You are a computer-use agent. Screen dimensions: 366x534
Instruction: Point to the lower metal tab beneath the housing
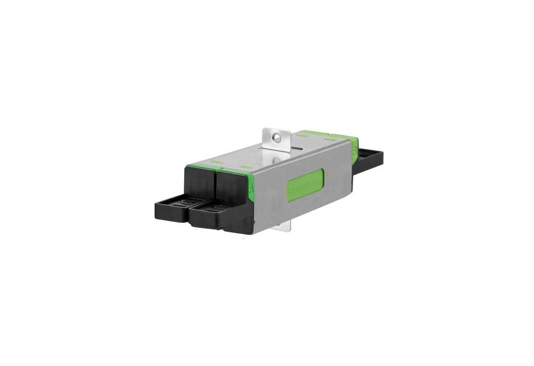284,225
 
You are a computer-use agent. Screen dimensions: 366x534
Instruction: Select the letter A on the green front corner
252,188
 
